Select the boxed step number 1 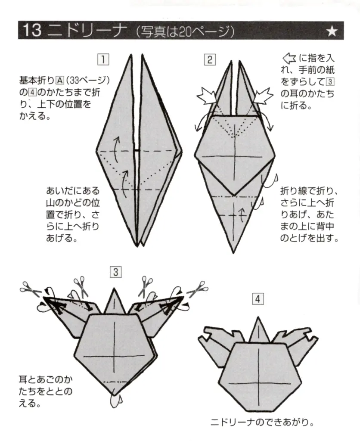pyautogui.click(x=103, y=59)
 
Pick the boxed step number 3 pyautogui.click(x=115, y=272)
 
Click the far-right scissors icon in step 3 pyautogui.click(x=199, y=288)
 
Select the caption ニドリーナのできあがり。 pyautogui.click(x=261, y=422)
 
